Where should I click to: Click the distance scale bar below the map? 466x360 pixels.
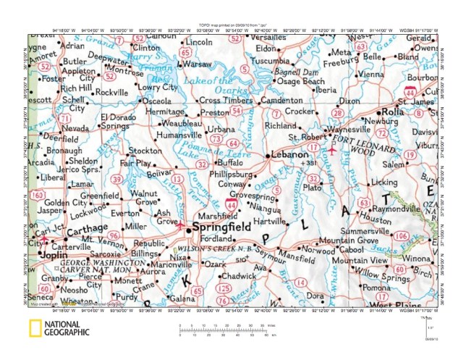[228, 329]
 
